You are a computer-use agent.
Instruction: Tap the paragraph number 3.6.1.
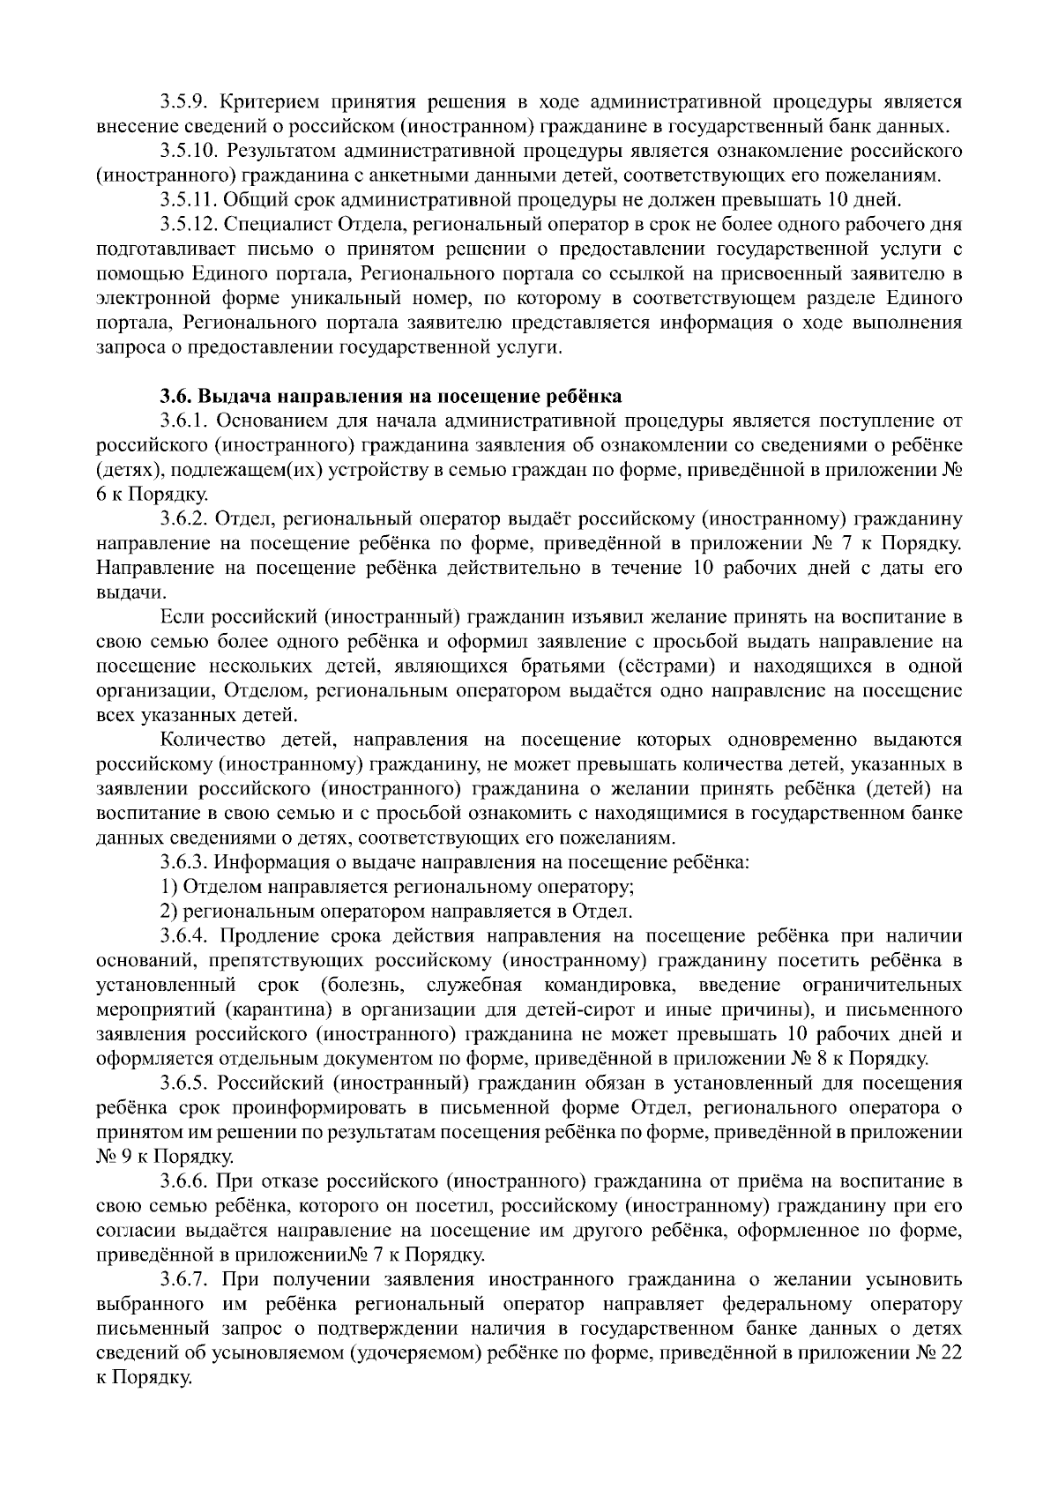click(183, 419)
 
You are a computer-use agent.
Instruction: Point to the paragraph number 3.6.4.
click(183, 936)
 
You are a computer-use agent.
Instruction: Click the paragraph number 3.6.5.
click(183, 1083)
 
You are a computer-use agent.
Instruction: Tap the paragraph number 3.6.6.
click(183, 1180)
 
